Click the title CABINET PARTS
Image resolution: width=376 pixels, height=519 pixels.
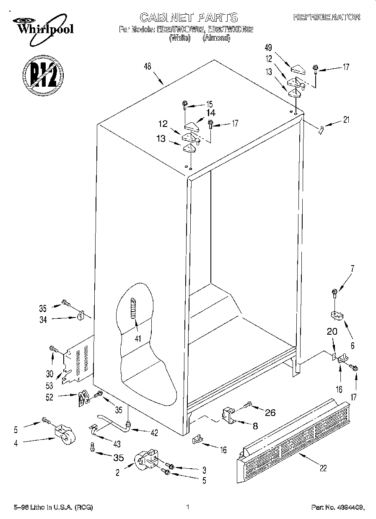[x=188, y=17]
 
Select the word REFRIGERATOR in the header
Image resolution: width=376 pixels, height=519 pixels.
[x=327, y=17]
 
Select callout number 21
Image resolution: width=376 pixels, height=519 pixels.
[x=346, y=120]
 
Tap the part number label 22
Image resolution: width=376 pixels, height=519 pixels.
[x=322, y=468]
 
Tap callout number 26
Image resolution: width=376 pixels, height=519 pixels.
[x=270, y=413]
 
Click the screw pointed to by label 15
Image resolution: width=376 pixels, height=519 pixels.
[x=184, y=103]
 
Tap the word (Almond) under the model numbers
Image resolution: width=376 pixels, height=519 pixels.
[x=216, y=38]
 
